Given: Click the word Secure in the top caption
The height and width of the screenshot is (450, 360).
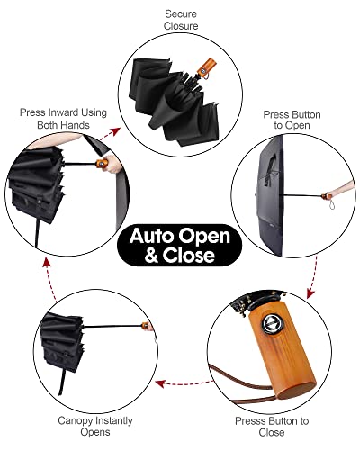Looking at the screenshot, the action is point(181,13).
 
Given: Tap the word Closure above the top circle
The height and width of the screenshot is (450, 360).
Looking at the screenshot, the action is point(181,26).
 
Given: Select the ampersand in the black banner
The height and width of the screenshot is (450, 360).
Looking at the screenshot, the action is point(151,255).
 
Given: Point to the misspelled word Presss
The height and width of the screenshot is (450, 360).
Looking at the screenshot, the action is point(251,421).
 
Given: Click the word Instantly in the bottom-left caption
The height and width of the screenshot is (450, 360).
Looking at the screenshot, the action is point(114,421).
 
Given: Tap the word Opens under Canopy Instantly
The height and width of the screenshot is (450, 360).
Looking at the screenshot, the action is point(95,433).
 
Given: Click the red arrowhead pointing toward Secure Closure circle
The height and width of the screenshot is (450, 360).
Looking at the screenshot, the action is point(115,131).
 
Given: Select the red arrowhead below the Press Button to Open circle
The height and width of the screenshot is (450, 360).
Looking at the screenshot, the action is point(310,293).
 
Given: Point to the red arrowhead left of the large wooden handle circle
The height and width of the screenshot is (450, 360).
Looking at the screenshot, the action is point(160,383).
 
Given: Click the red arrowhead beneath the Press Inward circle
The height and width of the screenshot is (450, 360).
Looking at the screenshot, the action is point(46,263).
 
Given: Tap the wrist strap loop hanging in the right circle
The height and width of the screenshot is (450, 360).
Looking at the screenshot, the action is point(331,204).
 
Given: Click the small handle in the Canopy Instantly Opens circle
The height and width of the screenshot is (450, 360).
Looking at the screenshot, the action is point(146,326).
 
